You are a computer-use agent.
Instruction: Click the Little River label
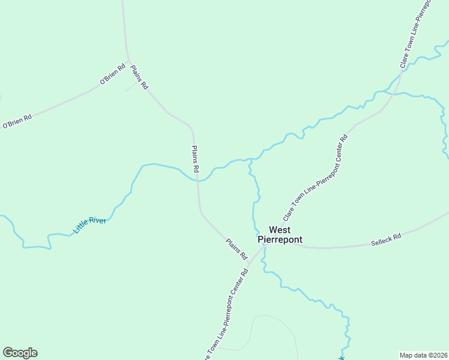click(89, 225)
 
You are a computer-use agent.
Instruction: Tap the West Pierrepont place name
click(280, 235)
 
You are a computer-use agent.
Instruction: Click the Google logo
click(20, 353)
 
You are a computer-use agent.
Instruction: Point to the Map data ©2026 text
click(423, 355)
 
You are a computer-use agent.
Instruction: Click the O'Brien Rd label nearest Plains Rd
click(112, 74)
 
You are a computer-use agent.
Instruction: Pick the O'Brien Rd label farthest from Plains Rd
click(17, 121)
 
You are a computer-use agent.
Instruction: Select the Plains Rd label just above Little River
click(195, 159)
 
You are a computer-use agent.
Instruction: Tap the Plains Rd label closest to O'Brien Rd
click(139, 77)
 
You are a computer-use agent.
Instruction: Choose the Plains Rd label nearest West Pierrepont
click(237, 248)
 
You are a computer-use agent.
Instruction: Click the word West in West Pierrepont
click(280, 230)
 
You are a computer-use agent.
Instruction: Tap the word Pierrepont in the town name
click(280, 239)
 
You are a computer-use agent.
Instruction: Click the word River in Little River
click(97, 221)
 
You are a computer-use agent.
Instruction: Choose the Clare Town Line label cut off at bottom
click(226, 314)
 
